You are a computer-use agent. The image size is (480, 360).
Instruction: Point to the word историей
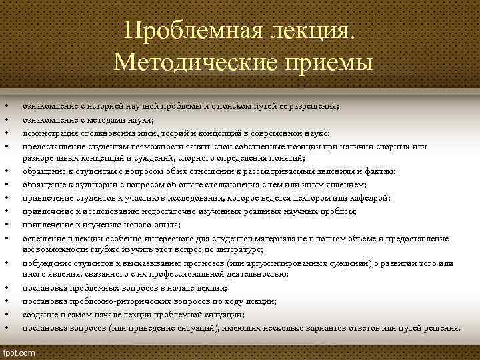tap(103, 107)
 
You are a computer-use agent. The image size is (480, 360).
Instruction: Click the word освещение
tap(43, 238)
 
